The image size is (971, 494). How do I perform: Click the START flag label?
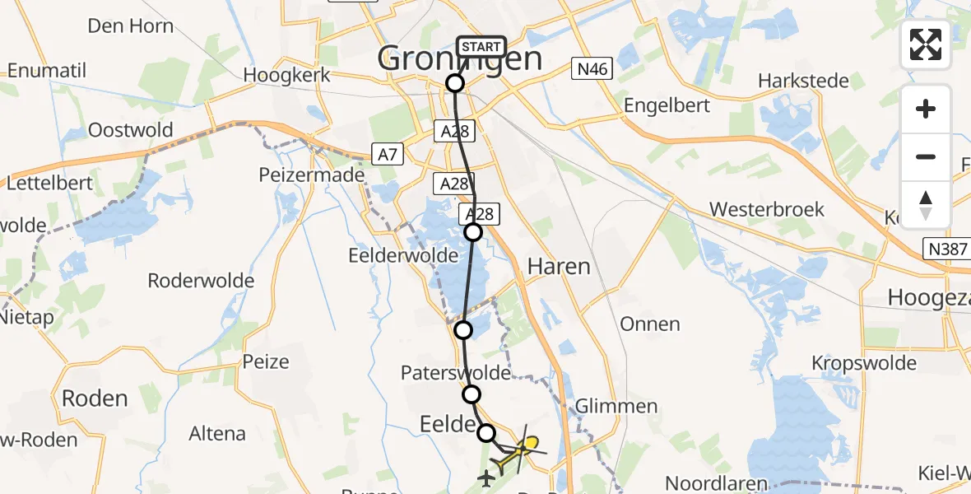point(481,47)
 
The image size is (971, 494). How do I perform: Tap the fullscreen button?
point(926,44)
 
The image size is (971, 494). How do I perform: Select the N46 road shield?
point(592,70)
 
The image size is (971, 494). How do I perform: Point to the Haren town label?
point(559,267)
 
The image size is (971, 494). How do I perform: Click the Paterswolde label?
point(455,373)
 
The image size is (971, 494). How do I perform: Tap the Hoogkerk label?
point(287,75)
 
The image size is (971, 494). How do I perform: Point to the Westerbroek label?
point(767,209)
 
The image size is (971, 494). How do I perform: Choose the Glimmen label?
point(617,407)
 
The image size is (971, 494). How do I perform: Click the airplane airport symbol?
point(485,476)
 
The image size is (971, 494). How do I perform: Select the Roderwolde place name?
point(201,281)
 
